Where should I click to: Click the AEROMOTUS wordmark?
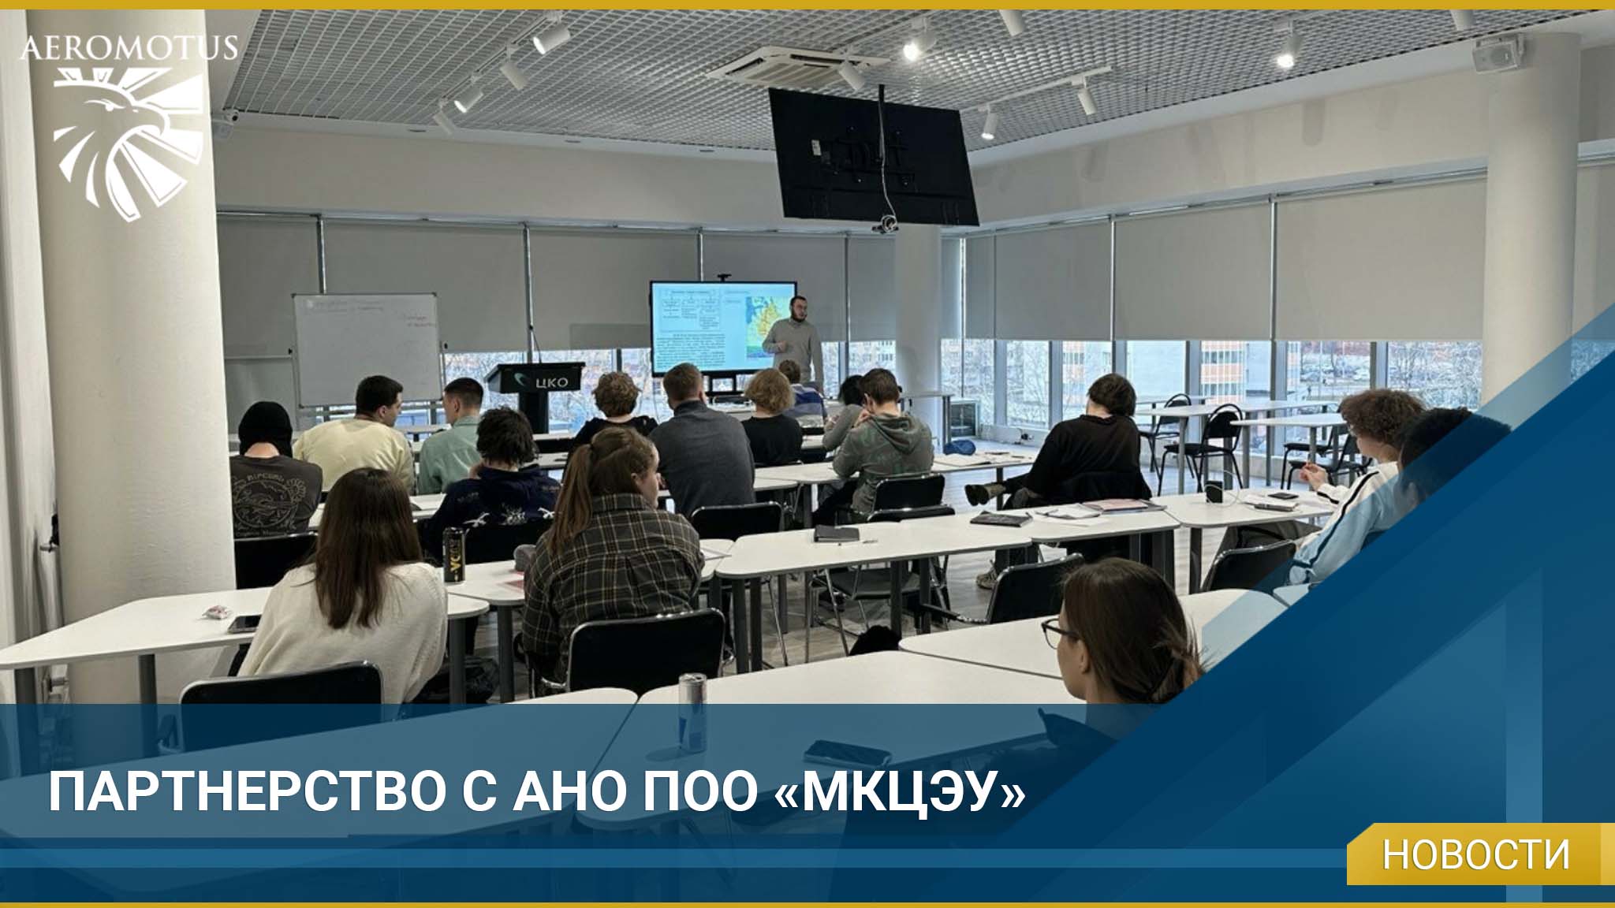[129, 47]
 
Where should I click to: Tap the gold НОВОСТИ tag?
[1475, 854]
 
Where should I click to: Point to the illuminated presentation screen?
[722, 327]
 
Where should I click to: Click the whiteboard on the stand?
[366, 347]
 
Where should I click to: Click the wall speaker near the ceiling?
[1496, 54]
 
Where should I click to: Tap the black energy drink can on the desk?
[452, 553]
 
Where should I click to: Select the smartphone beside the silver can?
[836, 752]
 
